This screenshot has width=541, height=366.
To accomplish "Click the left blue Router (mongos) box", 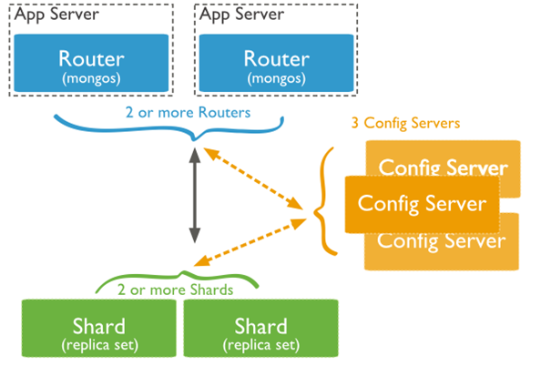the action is [x=91, y=63].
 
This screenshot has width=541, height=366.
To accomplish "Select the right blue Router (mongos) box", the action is [x=276, y=63].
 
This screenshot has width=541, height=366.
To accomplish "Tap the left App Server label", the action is [x=57, y=15].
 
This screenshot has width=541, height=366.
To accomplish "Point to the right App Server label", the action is [x=242, y=15].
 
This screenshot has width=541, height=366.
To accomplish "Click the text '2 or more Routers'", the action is [x=188, y=113].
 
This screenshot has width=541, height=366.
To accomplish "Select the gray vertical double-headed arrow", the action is [x=195, y=196].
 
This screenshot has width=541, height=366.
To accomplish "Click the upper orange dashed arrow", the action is [x=253, y=178].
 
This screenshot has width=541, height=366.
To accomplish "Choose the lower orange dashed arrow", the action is [x=250, y=242].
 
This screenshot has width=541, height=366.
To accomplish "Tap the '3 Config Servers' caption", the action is [x=406, y=123].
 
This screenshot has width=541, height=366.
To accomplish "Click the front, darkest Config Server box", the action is [x=422, y=204].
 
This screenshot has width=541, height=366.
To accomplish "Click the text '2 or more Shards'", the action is [x=175, y=290].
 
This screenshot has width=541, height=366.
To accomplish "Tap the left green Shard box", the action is [x=99, y=328].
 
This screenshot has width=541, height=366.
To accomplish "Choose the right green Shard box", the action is [x=260, y=328].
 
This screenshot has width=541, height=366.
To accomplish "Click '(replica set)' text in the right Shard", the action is [x=261, y=345].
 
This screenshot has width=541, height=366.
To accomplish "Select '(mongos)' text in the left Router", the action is [x=91, y=78].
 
